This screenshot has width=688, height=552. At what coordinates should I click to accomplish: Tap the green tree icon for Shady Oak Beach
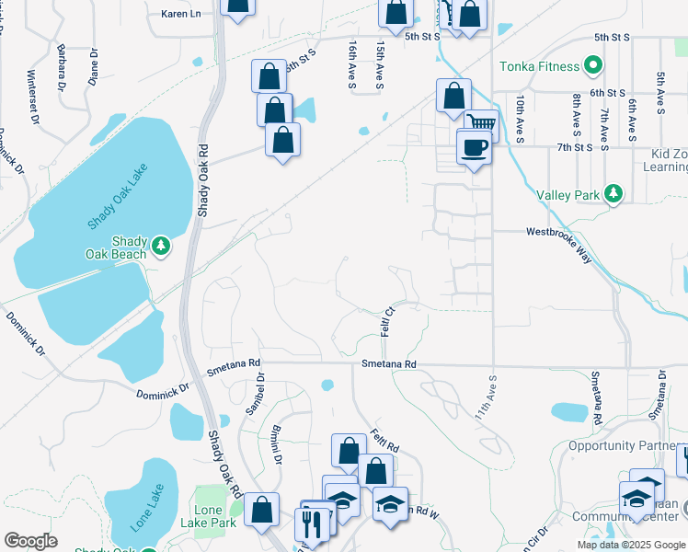click(161, 246)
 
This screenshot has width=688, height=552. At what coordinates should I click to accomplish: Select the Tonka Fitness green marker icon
click(593, 66)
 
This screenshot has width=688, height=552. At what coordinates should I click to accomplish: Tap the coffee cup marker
click(475, 147)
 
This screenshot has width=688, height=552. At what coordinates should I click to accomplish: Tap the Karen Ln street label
click(181, 14)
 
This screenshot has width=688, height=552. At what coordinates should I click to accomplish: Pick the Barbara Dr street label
click(62, 62)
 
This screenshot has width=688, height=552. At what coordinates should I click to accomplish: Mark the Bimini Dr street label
click(275, 444)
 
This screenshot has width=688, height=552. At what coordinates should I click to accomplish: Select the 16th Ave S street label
click(352, 64)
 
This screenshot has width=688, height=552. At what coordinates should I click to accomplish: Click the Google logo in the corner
click(31, 541)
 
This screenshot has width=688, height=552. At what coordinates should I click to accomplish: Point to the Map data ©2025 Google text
click(630, 545)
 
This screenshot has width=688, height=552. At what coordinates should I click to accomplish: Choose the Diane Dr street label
click(93, 66)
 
